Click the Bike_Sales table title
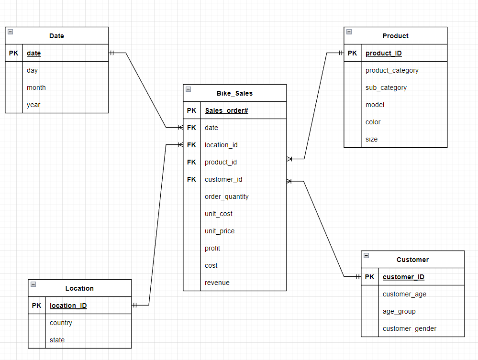tap(234, 93)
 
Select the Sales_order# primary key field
tap(226, 110)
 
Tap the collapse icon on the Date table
tap(11, 32)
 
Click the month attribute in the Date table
tap(36, 87)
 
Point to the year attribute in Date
tap(33, 105)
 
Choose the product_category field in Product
tap(392, 70)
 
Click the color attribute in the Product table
tap(373, 122)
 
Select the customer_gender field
tap(409, 328)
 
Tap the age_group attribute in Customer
tap(399, 311)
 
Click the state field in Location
tap(57, 340)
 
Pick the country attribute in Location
tap(61, 323)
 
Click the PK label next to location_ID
tap(36, 305)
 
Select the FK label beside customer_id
tap(191, 179)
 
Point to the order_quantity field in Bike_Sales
tap(226, 196)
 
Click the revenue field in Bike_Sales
tap(217, 283)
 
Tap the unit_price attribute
tap(220, 231)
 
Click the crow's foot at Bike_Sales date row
tap(180, 128)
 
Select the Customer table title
tap(412, 260)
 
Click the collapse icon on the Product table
tap(349, 32)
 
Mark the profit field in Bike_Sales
tap(212, 248)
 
